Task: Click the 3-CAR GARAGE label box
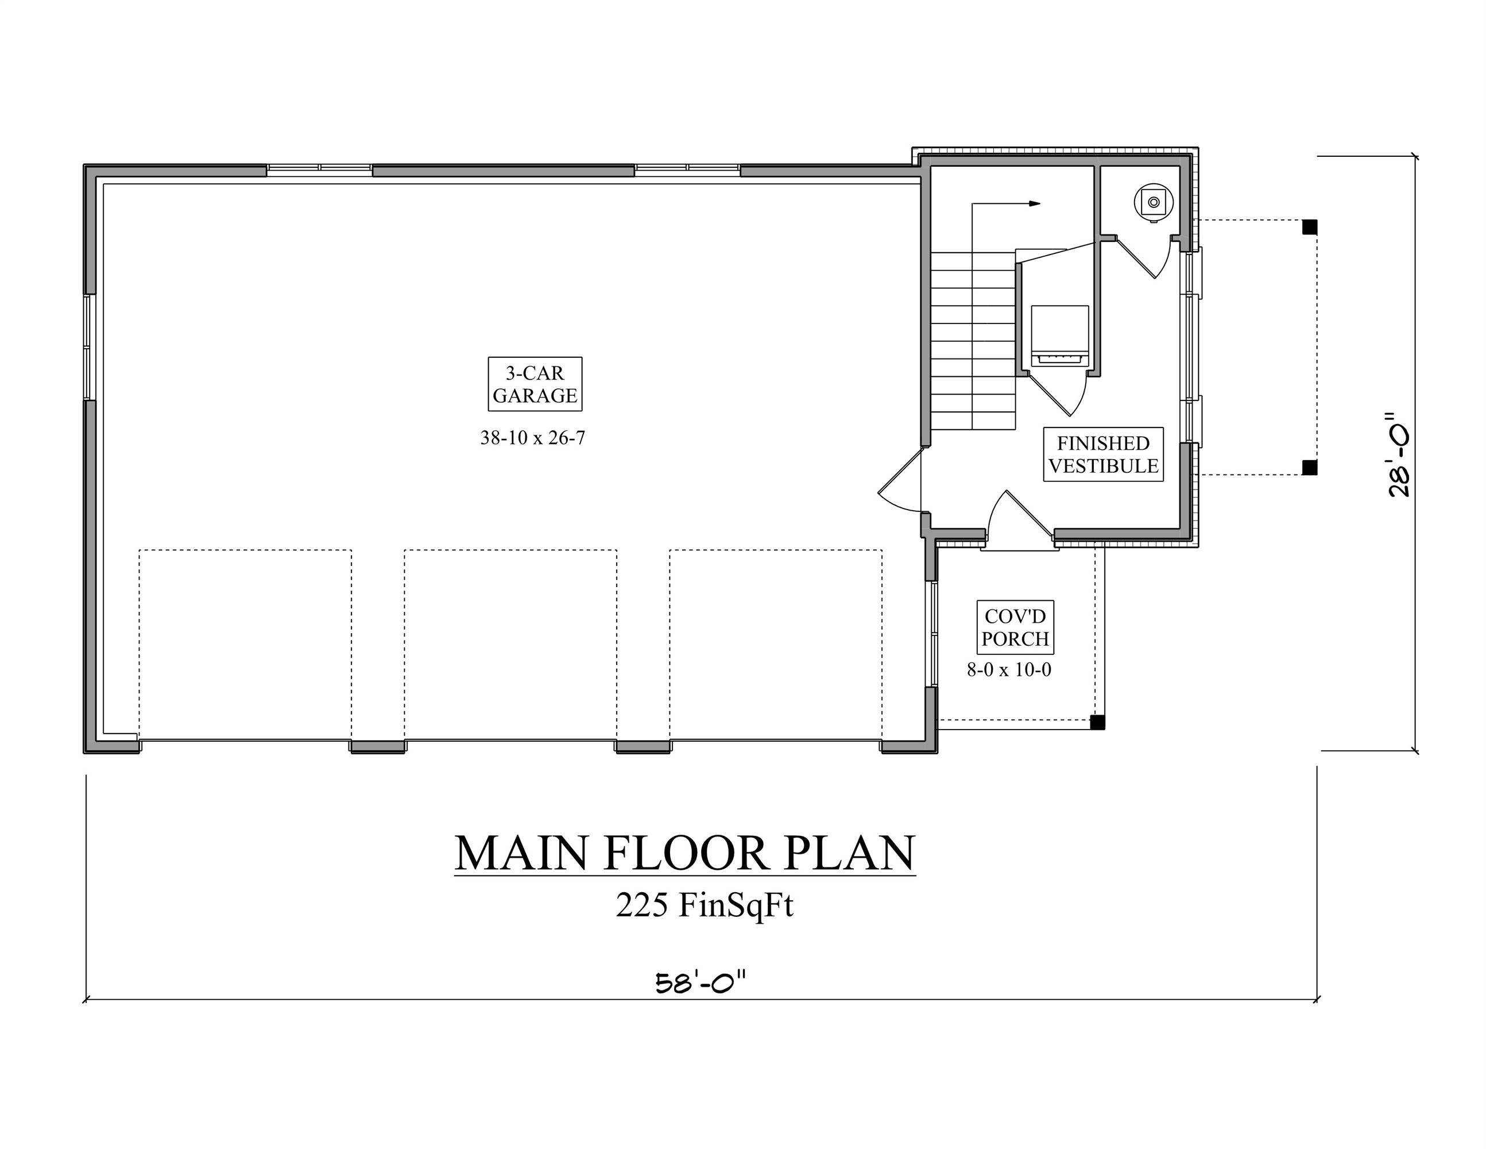click(x=535, y=384)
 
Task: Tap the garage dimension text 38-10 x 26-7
click(x=533, y=438)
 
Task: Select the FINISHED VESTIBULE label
click(x=1103, y=454)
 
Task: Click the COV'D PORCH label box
click(x=1015, y=627)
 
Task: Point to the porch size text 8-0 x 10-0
click(x=1009, y=670)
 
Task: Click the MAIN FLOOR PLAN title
click(x=684, y=854)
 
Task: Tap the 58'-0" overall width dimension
click(x=701, y=984)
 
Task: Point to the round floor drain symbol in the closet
click(x=1154, y=202)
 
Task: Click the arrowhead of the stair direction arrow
click(x=1034, y=203)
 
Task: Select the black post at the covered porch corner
click(x=1097, y=723)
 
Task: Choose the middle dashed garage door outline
click(x=510, y=643)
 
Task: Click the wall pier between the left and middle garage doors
click(x=378, y=746)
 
